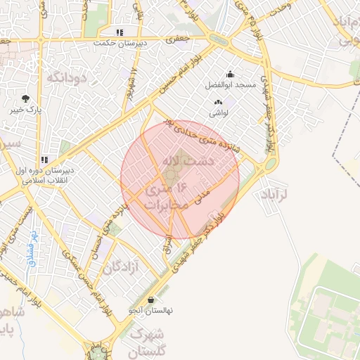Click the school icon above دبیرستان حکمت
(120, 32)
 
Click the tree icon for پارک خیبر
(26, 98)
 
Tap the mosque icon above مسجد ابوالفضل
(230, 75)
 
